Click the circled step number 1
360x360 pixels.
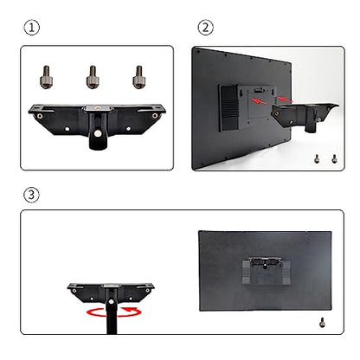pos(31,28)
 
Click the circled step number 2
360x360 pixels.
pos(205,28)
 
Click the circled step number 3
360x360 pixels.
pos(31,195)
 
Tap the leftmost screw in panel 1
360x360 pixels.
pos(46,77)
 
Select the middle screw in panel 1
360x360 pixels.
pos(93,77)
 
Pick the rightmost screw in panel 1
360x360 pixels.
pos(138,77)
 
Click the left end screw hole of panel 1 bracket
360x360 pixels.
pos(40,116)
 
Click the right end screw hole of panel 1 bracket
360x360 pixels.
pos(155,116)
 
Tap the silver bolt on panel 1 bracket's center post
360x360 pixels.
pos(99,133)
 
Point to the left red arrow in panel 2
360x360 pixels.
pos(259,101)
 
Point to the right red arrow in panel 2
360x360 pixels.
pos(286,100)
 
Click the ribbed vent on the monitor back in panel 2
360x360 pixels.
pos(229,108)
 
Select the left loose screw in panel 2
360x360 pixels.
pos(317,158)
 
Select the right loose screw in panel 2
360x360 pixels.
pos(334,158)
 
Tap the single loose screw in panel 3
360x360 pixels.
pos(323,322)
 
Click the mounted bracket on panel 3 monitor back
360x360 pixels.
pos(266,271)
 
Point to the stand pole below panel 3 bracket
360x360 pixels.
pos(112,318)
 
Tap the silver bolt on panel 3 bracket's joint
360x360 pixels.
pos(111,302)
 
